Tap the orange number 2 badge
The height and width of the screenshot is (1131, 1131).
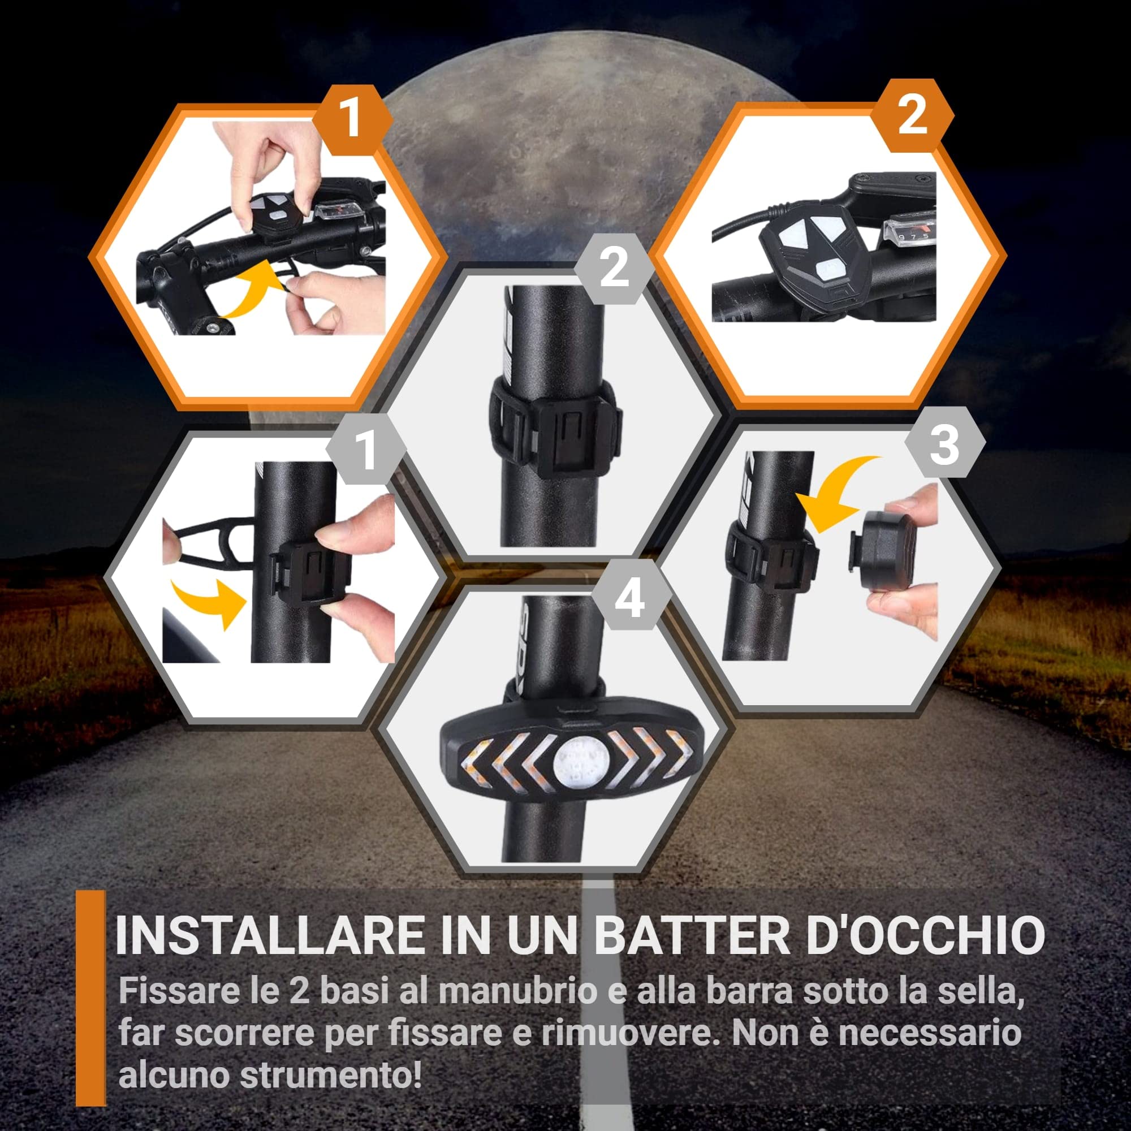912,115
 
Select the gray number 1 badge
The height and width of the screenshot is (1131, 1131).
366,450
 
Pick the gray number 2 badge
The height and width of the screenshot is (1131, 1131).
614,268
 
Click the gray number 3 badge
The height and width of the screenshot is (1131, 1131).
944,444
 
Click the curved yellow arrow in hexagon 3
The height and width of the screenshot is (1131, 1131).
842,492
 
